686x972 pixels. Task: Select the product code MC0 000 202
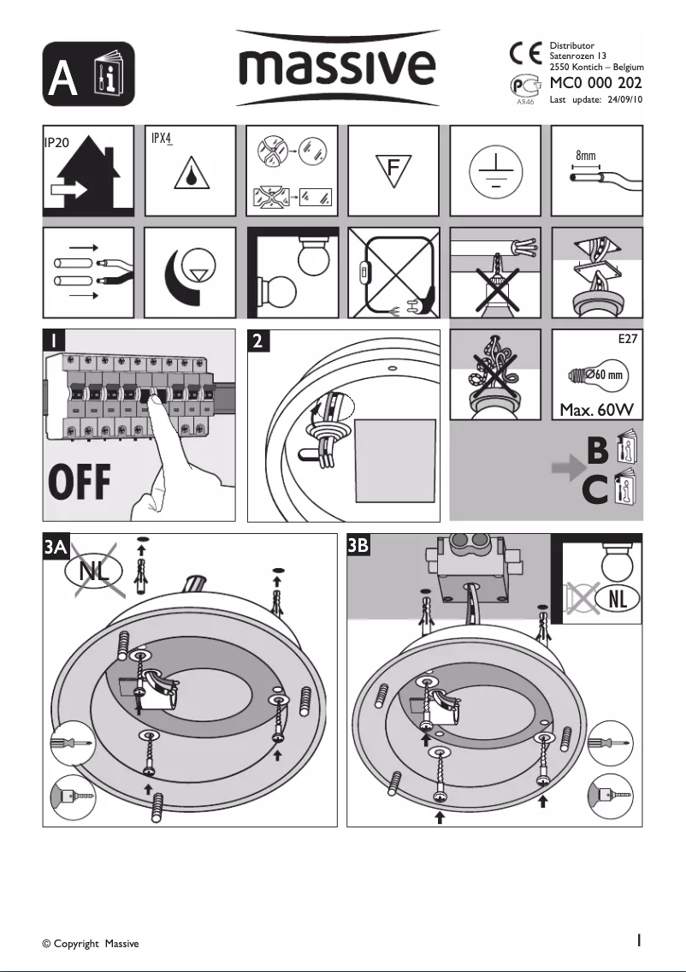pos(595,83)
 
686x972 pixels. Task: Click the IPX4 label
pos(164,138)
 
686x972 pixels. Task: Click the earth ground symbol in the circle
pos(495,169)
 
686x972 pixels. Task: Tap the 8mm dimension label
pos(585,157)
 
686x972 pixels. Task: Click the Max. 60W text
pos(596,411)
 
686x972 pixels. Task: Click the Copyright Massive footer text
pos(91,944)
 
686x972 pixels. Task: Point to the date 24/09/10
pos(624,100)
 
